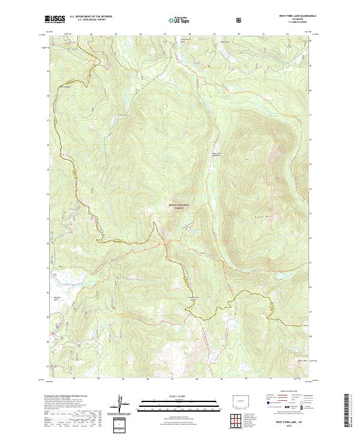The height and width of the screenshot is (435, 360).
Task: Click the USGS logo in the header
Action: (x=55, y=20)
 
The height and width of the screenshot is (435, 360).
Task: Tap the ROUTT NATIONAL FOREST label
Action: (x=181, y=206)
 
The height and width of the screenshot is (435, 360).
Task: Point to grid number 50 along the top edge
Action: (x=238, y=35)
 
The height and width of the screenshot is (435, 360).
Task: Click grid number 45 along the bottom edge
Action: (x=122, y=379)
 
